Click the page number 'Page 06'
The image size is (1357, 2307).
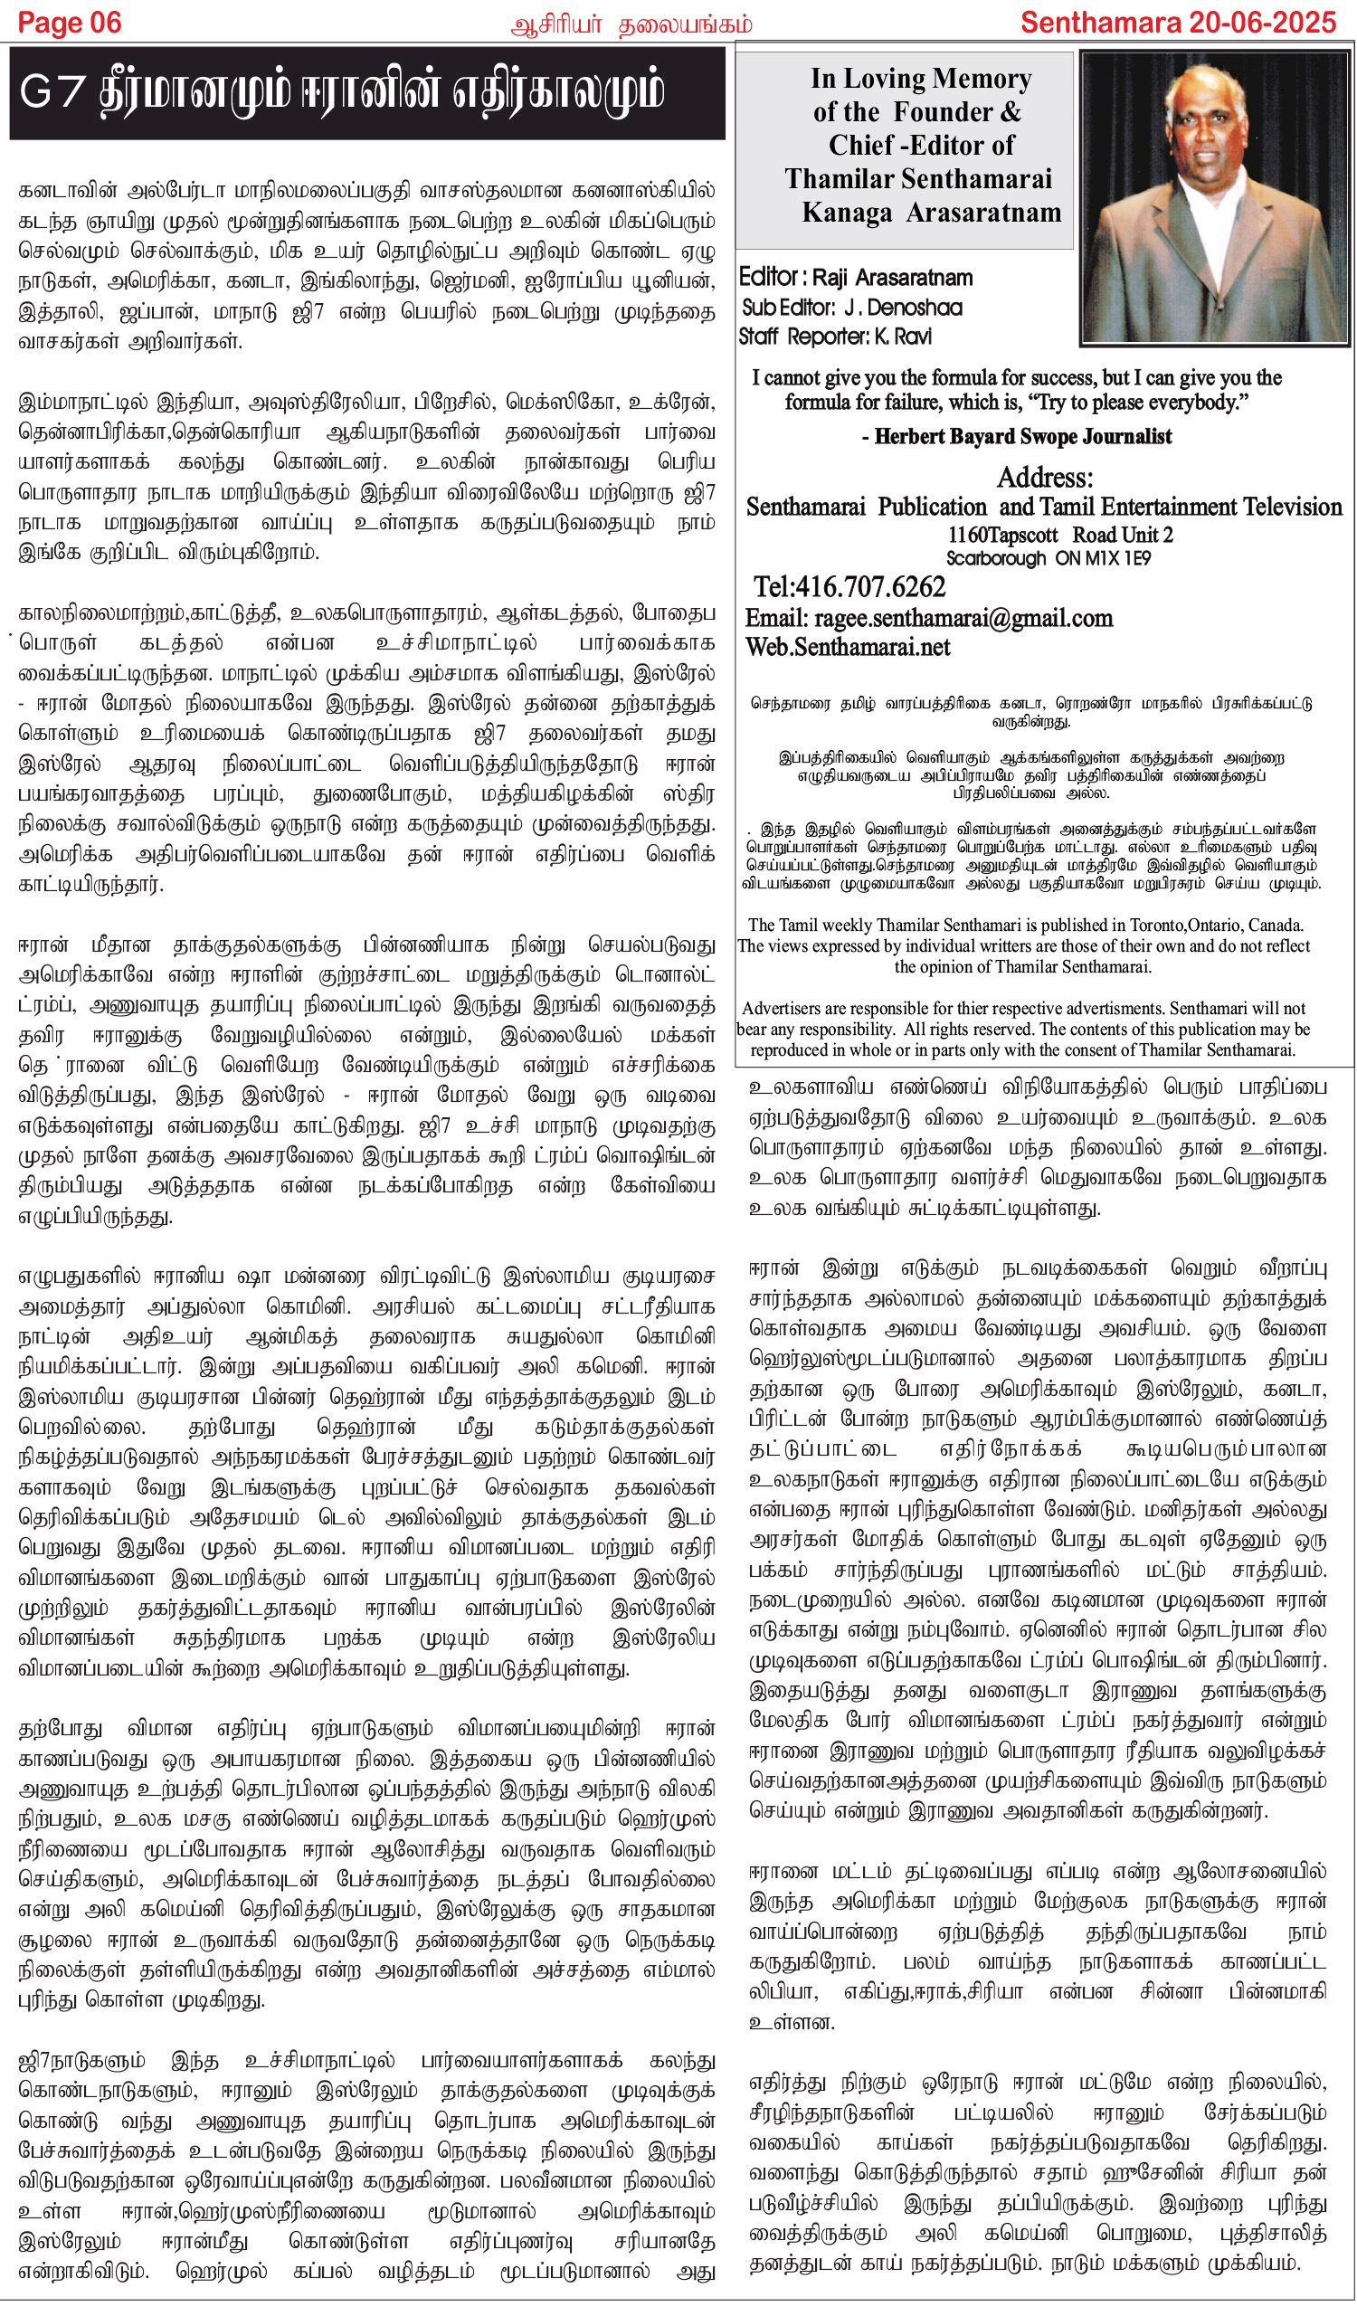click(70, 23)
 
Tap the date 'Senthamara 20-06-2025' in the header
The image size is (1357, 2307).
click(1179, 23)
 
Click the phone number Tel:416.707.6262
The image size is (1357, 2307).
click(849, 587)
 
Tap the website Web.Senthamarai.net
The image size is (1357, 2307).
click(848, 647)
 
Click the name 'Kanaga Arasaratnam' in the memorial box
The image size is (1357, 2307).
click(931, 213)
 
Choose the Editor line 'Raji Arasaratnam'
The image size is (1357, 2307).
click(892, 278)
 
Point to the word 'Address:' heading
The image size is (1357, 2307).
click(1045, 478)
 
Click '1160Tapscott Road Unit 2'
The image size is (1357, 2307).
click(1059, 535)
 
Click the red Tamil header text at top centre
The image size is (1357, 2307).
click(631, 24)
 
